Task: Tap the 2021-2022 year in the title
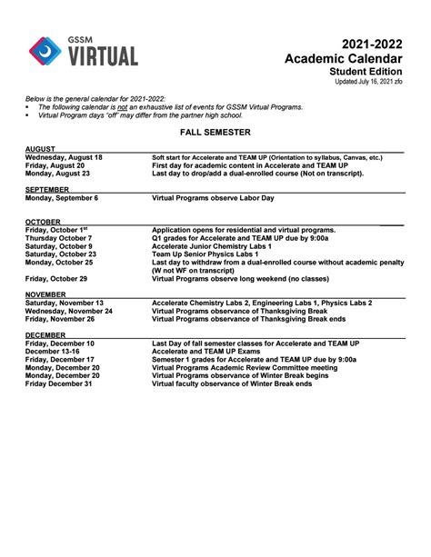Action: (x=372, y=45)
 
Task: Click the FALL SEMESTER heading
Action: (x=215, y=133)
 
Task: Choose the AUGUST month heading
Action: (x=42, y=148)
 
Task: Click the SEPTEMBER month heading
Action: (x=48, y=189)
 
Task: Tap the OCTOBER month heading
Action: (x=44, y=222)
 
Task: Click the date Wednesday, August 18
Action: (x=64, y=157)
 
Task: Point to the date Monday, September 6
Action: (x=62, y=197)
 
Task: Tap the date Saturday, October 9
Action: (x=59, y=245)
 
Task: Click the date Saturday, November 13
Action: (x=65, y=303)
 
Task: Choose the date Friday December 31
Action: (x=59, y=383)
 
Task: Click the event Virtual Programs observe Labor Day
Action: (x=215, y=197)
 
